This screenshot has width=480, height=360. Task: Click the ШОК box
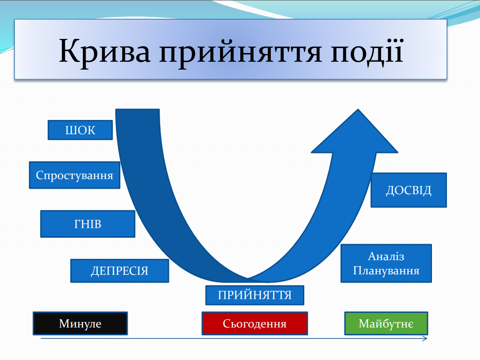(x=80, y=130)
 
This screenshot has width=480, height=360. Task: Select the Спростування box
(x=75, y=175)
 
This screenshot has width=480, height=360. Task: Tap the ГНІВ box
(x=88, y=224)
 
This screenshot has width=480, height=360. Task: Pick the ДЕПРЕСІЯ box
(x=120, y=271)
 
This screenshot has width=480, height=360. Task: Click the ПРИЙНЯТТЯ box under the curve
(x=255, y=295)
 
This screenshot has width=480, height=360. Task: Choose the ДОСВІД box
(x=409, y=190)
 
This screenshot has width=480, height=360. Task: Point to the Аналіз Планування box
(x=386, y=263)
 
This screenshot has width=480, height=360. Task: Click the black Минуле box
(x=80, y=323)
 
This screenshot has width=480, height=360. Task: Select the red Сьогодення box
(x=255, y=323)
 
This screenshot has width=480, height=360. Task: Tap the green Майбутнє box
(x=386, y=323)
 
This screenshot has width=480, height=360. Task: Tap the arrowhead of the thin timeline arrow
(x=425, y=338)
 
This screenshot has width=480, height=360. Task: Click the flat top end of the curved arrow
(x=137, y=109)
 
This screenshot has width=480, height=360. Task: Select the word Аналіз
(x=386, y=256)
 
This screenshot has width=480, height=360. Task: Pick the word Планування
(x=386, y=271)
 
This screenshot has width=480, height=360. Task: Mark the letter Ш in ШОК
(x=70, y=130)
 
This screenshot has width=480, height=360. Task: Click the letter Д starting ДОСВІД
(x=390, y=191)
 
